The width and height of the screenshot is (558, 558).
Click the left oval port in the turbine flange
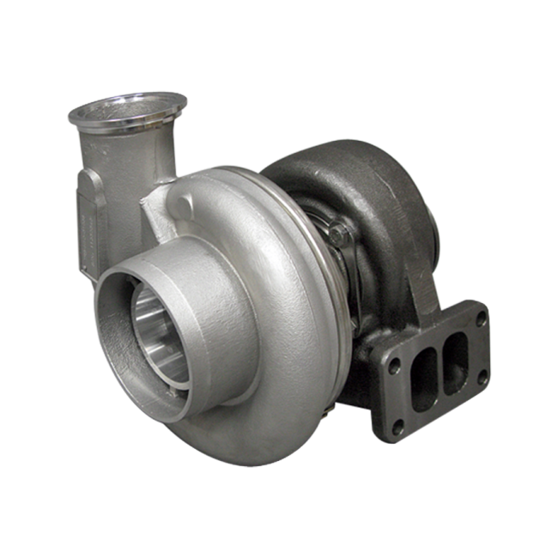point(423,379)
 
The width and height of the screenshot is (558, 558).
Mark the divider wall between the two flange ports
point(440,367)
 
